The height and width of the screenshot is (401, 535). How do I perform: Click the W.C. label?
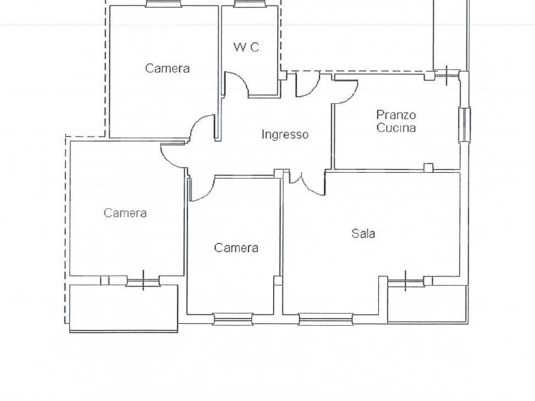pyautogui.click(x=247, y=47)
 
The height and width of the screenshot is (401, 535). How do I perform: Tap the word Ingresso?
pyautogui.click(x=285, y=134)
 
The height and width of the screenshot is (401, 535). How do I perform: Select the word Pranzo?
pyautogui.click(x=396, y=115)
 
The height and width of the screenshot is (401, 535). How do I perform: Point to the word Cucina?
pyautogui.click(x=396, y=128)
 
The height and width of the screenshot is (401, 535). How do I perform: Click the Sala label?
pyautogui.click(x=363, y=233)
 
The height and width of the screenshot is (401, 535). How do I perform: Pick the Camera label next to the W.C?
pyautogui.click(x=167, y=68)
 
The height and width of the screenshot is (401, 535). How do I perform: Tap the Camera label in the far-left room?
pyautogui.click(x=125, y=213)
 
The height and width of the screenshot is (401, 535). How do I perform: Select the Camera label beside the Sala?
pyautogui.click(x=236, y=247)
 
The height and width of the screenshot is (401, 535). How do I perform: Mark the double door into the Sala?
pyautogui.click(x=306, y=184)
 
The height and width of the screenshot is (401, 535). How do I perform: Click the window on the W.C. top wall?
pyautogui.click(x=249, y=3)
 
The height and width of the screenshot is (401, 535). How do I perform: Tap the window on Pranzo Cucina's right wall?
pyautogui.click(x=464, y=124)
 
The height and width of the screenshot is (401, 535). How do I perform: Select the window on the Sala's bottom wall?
pyautogui.click(x=326, y=319)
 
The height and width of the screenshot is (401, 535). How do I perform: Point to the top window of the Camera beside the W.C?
pyautogui.click(x=163, y=3)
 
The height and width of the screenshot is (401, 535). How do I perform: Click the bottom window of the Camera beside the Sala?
pyautogui.click(x=233, y=319)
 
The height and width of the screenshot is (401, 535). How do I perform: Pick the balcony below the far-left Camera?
pyautogui.click(x=124, y=308)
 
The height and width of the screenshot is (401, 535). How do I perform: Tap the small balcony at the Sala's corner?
pyautogui.click(x=427, y=303)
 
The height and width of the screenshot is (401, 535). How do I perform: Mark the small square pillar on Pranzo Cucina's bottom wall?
pyautogui.click(x=429, y=167)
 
